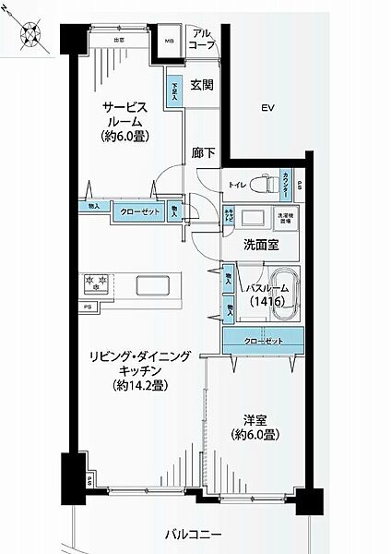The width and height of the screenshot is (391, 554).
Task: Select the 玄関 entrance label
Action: pyautogui.click(x=202, y=85)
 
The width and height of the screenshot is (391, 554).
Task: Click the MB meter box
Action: pyautogui.click(x=169, y=41)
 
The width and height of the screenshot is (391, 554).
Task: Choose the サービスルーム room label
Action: pyautogui.click(x=126, y=120)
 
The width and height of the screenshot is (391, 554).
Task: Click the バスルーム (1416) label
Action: pyautogui.click(x=267, y=294)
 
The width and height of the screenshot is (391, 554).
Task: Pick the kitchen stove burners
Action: pyautogui.click(x=97, y=282)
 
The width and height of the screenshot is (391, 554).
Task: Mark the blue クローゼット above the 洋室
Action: pyautogui.click(x=264, y=341)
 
